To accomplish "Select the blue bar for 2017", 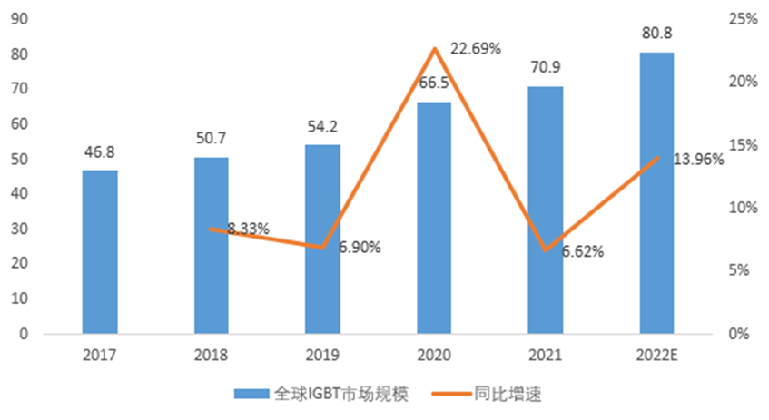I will coord(100,251).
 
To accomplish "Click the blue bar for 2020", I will coord(434,218).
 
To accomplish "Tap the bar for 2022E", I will coord(656,192).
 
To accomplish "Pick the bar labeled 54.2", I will coord(322,239).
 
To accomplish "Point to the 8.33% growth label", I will coord(248,229).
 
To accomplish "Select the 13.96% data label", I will coord(698,160).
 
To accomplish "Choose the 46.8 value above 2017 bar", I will coord(100,152).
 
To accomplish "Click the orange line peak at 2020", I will coord(434,48).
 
